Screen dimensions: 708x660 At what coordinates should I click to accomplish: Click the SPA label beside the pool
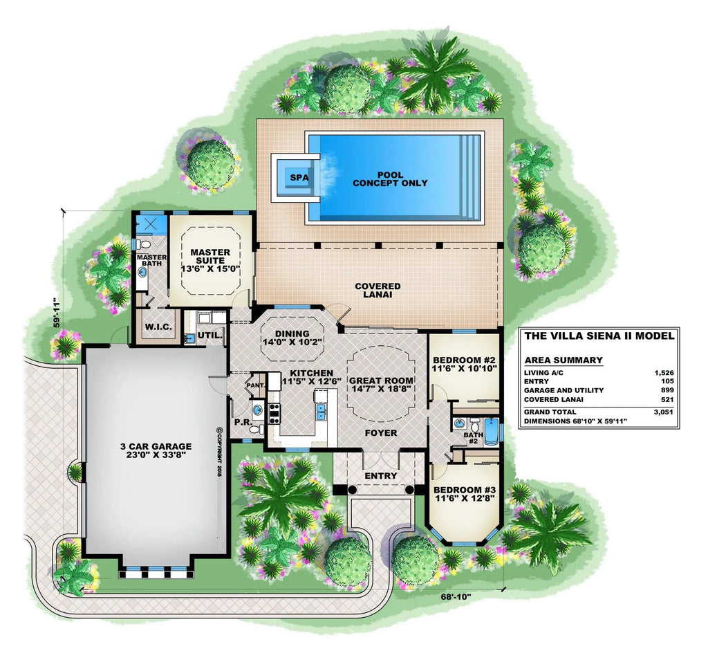(x=299, y=178)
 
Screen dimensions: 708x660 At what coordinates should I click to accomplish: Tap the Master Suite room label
(x=210, y=260)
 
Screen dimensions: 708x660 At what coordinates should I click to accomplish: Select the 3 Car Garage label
(x=156, y=450)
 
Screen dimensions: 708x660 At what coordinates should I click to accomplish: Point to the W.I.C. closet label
(x=158, y=326)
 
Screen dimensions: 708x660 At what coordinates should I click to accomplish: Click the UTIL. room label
(x=210, y=336)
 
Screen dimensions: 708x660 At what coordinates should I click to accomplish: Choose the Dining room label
(x=292, y=338)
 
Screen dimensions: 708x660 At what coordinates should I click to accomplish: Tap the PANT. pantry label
(x=256, y=385)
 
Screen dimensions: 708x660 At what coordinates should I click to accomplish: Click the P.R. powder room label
(x=243, y=422)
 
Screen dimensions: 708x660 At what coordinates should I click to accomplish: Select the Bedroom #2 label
(x=464, y=364)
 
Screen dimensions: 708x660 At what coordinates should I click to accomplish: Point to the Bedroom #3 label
(x=465, y=494)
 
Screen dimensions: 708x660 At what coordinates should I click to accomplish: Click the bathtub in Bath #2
(x=491, y=432)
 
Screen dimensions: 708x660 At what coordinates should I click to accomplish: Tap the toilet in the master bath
(x=143, y=244)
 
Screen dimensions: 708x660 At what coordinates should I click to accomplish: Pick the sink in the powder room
(x=257, y=410)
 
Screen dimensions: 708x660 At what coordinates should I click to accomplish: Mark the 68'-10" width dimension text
(x=456, y=597)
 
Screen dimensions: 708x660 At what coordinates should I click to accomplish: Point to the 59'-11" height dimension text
(x=57, y=312)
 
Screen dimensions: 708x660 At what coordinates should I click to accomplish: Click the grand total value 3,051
(x=664, y=412)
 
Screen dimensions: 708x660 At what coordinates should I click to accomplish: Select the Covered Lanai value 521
(x=667, y=399)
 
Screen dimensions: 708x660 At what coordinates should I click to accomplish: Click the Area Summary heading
(x=563, y=360)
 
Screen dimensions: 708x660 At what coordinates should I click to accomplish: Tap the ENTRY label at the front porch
(x=381, y=476)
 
